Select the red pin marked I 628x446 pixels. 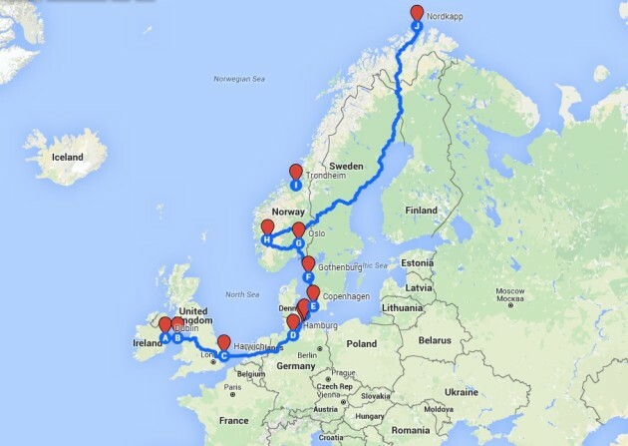point(295,174)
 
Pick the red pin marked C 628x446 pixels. point(223,345)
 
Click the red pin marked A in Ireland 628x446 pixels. point(164,328)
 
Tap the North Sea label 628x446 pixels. point(242,294)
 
